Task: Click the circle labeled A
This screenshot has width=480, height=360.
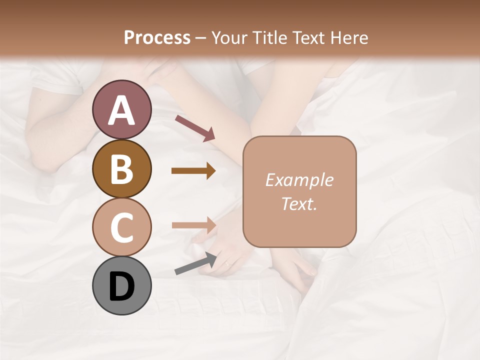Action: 121,109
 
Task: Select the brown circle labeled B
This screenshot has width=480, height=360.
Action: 121,168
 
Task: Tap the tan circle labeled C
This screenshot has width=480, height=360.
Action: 121,227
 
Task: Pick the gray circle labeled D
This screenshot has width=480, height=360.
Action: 121,285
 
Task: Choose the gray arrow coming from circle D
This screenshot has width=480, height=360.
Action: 195,263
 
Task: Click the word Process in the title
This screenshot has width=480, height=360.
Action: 157,37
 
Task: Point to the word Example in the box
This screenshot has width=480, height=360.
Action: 299,180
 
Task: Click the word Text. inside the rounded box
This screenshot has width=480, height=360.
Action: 299,204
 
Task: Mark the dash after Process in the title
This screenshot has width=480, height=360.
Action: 201,38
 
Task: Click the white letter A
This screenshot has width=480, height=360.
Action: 121,110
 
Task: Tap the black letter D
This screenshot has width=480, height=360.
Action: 121,286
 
